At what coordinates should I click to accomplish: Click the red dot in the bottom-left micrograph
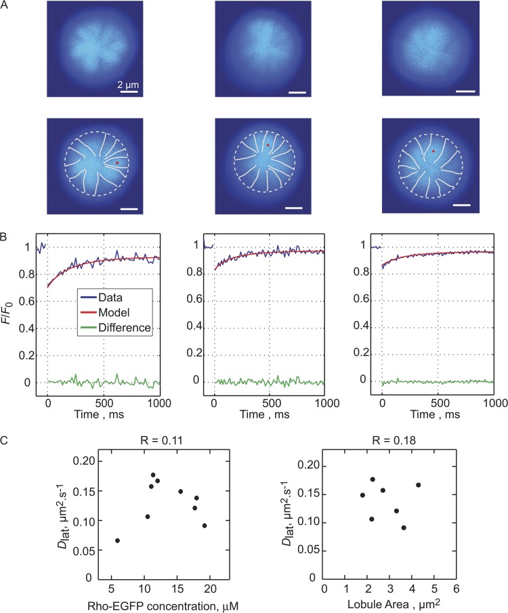tap(117, 163)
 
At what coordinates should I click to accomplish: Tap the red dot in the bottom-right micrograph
tap(433, 152)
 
